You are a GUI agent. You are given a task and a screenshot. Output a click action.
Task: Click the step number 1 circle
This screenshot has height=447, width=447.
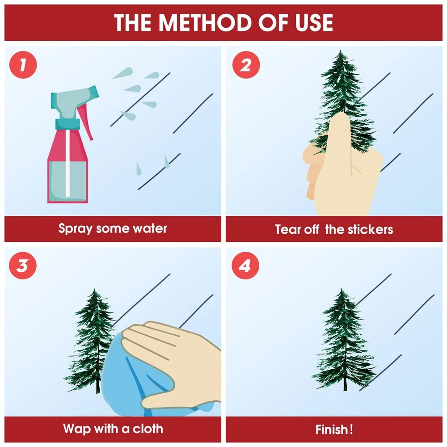(23, 65)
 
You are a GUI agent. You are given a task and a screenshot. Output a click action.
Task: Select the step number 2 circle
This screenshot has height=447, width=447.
(246, 65)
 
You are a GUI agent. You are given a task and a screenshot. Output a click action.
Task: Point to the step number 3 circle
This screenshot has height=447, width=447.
(23, 266)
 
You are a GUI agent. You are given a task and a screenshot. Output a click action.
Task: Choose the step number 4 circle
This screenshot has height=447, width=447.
(245, 266)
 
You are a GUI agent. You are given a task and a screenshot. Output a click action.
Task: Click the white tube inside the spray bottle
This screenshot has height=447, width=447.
(67, 163)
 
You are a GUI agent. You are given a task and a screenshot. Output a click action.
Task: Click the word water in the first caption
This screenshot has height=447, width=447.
(150, 228)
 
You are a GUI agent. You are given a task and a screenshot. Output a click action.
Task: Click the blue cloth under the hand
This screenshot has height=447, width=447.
(134, 379)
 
